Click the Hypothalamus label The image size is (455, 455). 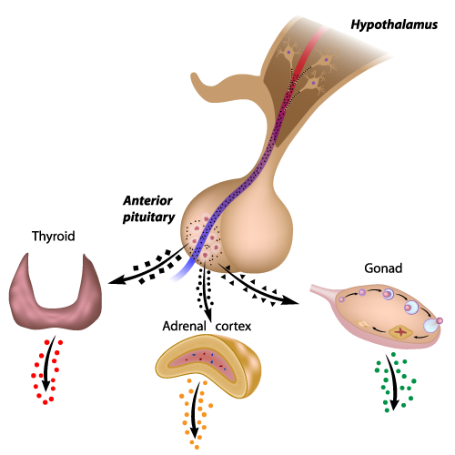pos(394,25)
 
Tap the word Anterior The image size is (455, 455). pos(147,200)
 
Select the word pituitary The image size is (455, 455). pos(148,217)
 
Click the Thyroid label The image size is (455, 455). pos(54,237)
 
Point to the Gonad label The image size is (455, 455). pos(383,268)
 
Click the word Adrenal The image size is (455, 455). pos(184,326)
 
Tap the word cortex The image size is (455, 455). pos(233,327)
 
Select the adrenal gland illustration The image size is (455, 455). pos(208,366)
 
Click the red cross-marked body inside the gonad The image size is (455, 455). pos(401,332)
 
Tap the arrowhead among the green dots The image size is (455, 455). pos(394,404)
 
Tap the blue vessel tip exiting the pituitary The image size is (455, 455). pos(177,276)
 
